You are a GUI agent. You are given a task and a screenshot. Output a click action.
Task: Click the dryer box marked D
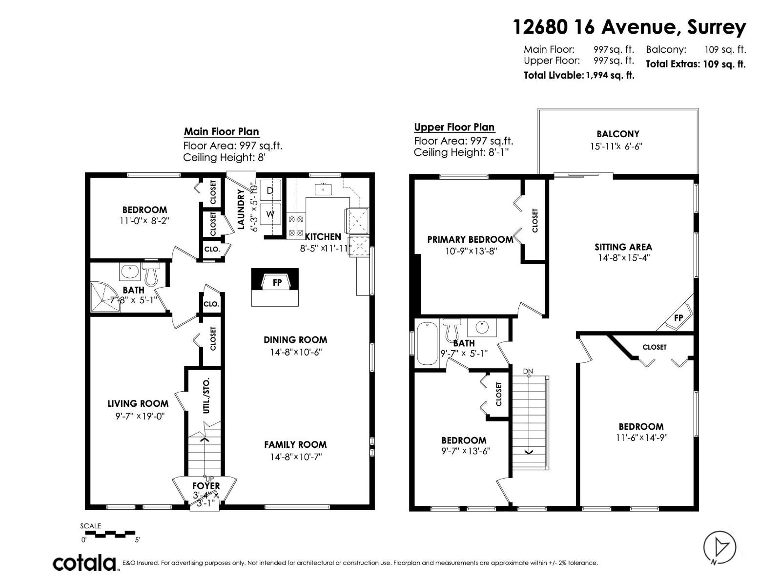(270, 190)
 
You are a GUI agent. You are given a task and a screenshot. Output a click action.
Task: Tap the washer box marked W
(270, 214)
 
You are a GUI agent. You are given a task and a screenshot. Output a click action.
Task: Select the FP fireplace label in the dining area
(277, 282)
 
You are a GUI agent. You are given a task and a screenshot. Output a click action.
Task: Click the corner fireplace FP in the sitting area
(678, 317)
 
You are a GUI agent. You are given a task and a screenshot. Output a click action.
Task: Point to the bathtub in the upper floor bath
(428, 343)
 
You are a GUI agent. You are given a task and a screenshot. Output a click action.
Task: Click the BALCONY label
(617, 134)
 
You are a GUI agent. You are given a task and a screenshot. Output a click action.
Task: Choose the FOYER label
(206, 486)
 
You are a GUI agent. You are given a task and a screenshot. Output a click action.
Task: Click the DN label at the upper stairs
(528, 372)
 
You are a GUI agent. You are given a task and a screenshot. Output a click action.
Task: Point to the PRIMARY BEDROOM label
(470, 239)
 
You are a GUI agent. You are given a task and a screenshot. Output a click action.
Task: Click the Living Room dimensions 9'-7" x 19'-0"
(138, 416)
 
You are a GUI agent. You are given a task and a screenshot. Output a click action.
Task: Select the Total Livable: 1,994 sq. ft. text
(579, 75)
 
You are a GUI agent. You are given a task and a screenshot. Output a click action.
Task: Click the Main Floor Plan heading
(221, 131)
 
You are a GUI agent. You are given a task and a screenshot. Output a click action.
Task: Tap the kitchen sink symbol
(323, 188)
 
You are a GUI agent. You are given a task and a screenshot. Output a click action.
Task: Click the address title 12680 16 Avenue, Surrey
(629, 27)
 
